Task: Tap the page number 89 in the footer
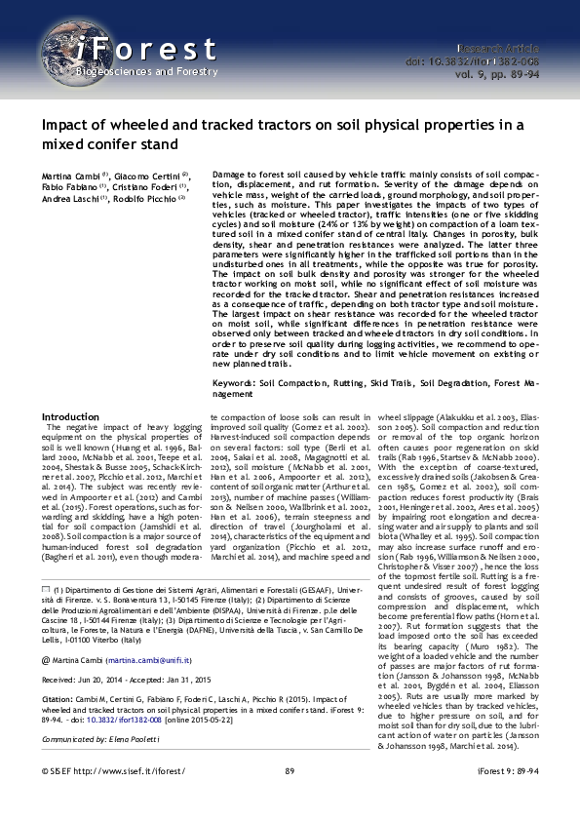click(290, 799)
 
